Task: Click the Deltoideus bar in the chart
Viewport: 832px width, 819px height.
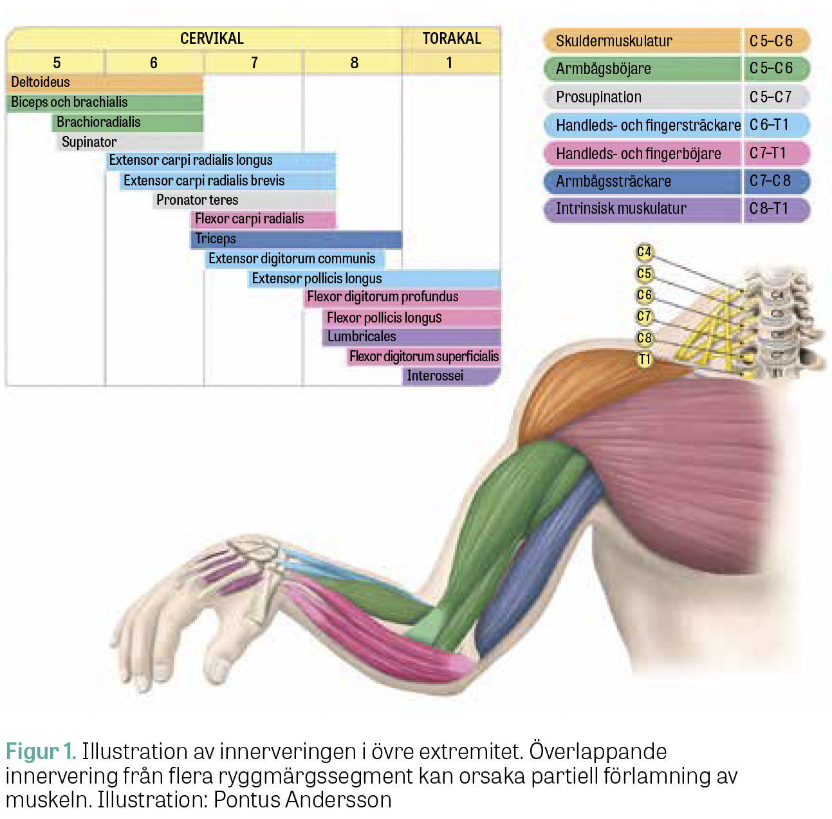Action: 104,82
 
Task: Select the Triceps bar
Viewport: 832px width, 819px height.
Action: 296,240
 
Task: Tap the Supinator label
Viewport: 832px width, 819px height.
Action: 89,142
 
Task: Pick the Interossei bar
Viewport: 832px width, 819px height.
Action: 451,376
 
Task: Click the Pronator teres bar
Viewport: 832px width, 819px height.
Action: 244,200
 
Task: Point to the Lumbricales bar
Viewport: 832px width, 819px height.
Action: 411,337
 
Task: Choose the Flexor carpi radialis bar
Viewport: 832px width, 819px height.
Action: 263,219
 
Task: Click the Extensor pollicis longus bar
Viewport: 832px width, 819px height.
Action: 374,279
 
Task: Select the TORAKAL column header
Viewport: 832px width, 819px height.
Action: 451,39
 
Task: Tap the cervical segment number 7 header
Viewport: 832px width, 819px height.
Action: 254,63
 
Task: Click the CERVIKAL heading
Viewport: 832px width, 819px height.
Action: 212,39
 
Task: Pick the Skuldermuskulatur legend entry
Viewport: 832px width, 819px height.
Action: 676,41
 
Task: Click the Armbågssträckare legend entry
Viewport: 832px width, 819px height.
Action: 676,181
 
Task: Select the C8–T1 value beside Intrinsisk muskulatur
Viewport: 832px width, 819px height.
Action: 768,209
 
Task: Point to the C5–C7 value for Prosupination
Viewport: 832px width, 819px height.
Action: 771,97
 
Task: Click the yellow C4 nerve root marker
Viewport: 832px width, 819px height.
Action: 643,252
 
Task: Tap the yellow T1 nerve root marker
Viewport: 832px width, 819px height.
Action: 644,359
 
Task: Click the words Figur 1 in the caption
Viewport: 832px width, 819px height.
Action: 41,752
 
